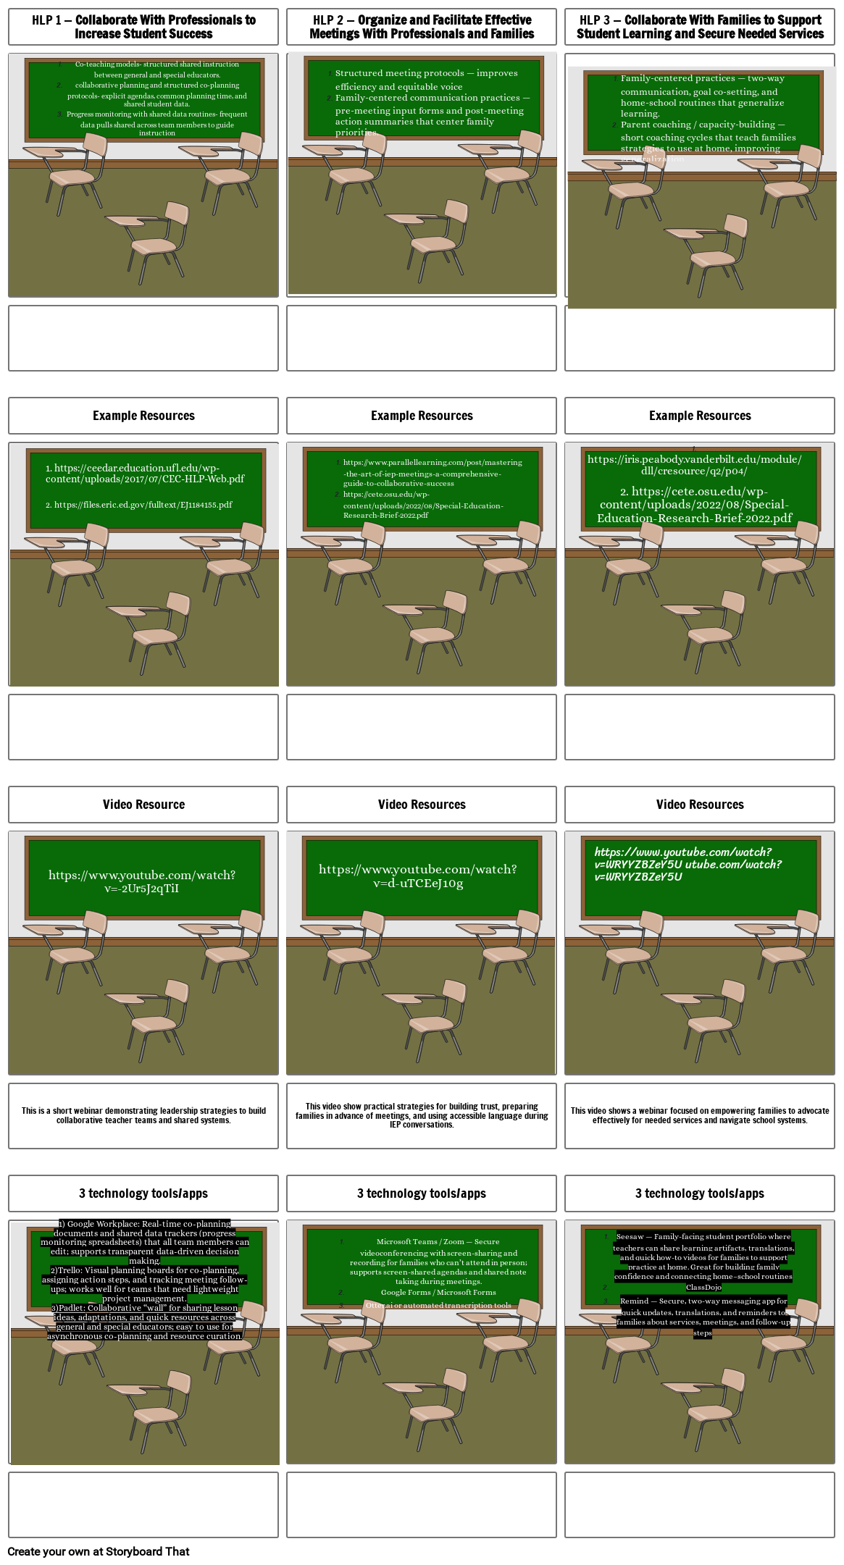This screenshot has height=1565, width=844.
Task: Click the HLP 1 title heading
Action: (143, 27)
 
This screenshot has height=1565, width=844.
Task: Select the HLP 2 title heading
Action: (422, 27)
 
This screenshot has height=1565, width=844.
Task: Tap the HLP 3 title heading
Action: (700, 27)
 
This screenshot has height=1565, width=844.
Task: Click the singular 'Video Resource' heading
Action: (143, 805)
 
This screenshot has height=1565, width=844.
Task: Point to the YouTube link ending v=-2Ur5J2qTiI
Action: (142, 881)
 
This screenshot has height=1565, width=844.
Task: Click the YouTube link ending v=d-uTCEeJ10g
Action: (418, 876)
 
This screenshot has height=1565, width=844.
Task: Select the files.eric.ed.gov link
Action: (139, 505)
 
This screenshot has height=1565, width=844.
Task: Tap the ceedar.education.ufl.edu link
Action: (144, 474)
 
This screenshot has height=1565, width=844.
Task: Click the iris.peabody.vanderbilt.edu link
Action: (694, 464)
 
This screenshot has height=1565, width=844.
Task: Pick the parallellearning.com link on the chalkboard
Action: (432, 472)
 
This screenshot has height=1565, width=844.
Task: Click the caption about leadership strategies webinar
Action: (143, 1115)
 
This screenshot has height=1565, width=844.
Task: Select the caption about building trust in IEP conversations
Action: (422, 1115)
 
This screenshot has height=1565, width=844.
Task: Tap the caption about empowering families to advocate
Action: (700, 1115)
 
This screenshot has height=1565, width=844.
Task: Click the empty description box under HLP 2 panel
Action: (422, 338)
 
